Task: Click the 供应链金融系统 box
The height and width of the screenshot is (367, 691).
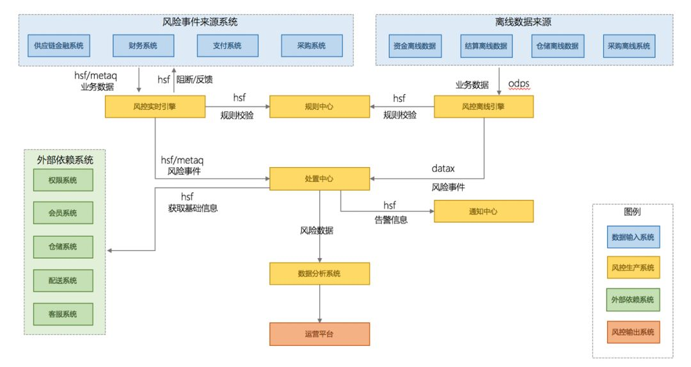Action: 58,46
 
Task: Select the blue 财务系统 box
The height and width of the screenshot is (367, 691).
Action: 143,46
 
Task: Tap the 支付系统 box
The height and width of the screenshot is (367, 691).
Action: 227,46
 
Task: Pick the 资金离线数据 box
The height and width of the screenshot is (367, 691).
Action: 415,46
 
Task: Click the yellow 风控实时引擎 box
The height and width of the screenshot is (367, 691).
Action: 155,106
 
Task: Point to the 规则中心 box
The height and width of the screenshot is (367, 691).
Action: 319,106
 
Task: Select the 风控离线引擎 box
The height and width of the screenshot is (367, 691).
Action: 484,106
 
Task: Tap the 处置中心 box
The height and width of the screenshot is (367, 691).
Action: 319,179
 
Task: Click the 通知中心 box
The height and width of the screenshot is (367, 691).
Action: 484,211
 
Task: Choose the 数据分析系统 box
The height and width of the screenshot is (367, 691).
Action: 319,273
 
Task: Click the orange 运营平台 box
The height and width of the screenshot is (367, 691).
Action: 319,334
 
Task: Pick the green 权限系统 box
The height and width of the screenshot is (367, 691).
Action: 62,181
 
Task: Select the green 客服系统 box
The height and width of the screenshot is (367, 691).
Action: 62,314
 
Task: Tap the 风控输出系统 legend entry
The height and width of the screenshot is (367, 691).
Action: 633,332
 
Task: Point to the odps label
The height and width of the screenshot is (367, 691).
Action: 520,85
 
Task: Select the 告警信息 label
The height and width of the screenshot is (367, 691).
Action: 390,220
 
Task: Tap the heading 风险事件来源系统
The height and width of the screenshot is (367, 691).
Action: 200,22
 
